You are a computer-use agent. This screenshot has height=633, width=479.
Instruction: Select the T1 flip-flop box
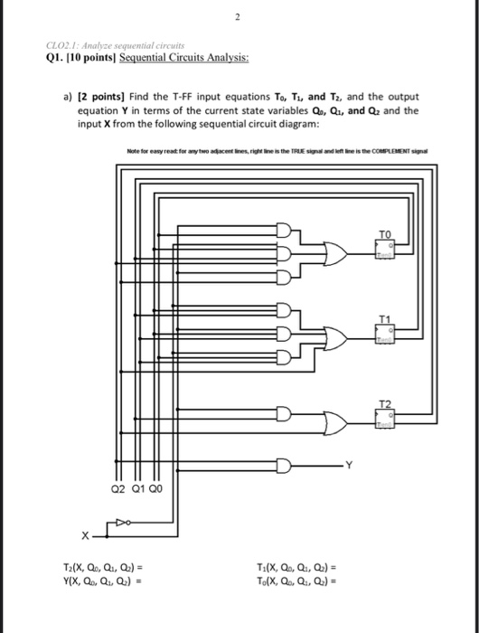coord(386,333)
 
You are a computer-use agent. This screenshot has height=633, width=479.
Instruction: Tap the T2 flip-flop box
coord(386,414)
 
